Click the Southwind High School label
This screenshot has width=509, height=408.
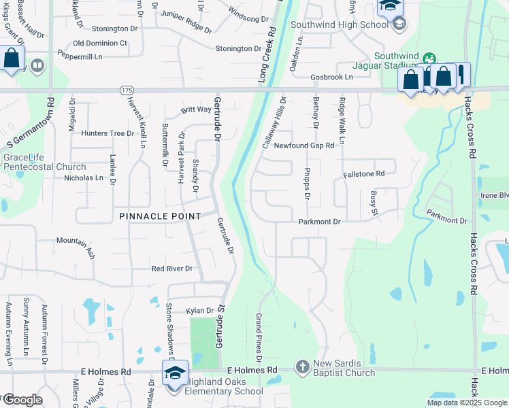coord(339,24)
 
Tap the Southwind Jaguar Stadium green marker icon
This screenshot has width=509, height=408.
coord(429,58)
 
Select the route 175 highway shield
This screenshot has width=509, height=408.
coord(129,90)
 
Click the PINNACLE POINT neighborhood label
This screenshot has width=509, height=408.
coord(160,216)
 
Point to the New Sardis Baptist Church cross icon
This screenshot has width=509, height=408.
coord(303,367)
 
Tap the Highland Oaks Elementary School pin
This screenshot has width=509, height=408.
coord(175,373)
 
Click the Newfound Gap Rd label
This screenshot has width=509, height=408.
coord(304,146)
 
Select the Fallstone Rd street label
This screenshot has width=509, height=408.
coord(364,174)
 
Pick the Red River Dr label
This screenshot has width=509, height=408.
coord(172,269)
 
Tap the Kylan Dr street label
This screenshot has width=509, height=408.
coord(200,311)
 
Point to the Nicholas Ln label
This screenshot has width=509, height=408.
coord(84,178)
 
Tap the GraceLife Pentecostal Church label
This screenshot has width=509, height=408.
coord(44,162)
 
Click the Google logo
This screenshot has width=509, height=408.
coord(22,400)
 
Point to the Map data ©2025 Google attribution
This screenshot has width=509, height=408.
coord(466,403)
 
